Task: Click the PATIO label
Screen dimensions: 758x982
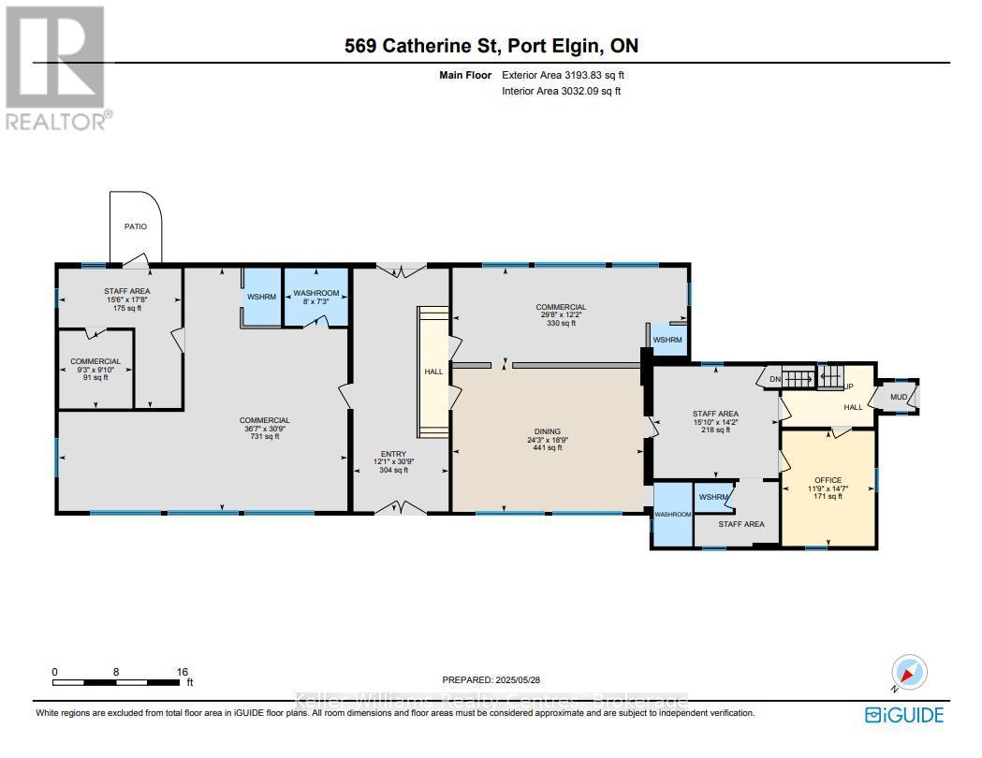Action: pos(136,226)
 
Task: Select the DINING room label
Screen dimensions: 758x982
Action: pos(547,431)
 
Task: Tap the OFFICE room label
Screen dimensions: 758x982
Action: pos(828,480)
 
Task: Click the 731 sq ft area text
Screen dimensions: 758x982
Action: pos(264,437)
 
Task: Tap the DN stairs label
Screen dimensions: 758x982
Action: pos(774,378)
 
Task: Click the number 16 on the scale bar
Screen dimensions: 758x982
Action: pos(182,672)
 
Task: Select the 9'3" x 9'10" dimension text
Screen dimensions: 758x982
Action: pos(95,371)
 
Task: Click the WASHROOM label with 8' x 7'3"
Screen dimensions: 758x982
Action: pos(316,294)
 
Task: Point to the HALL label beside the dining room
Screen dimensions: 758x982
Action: pos(433,372)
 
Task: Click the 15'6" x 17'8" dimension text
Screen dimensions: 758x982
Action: pos(126,299)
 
